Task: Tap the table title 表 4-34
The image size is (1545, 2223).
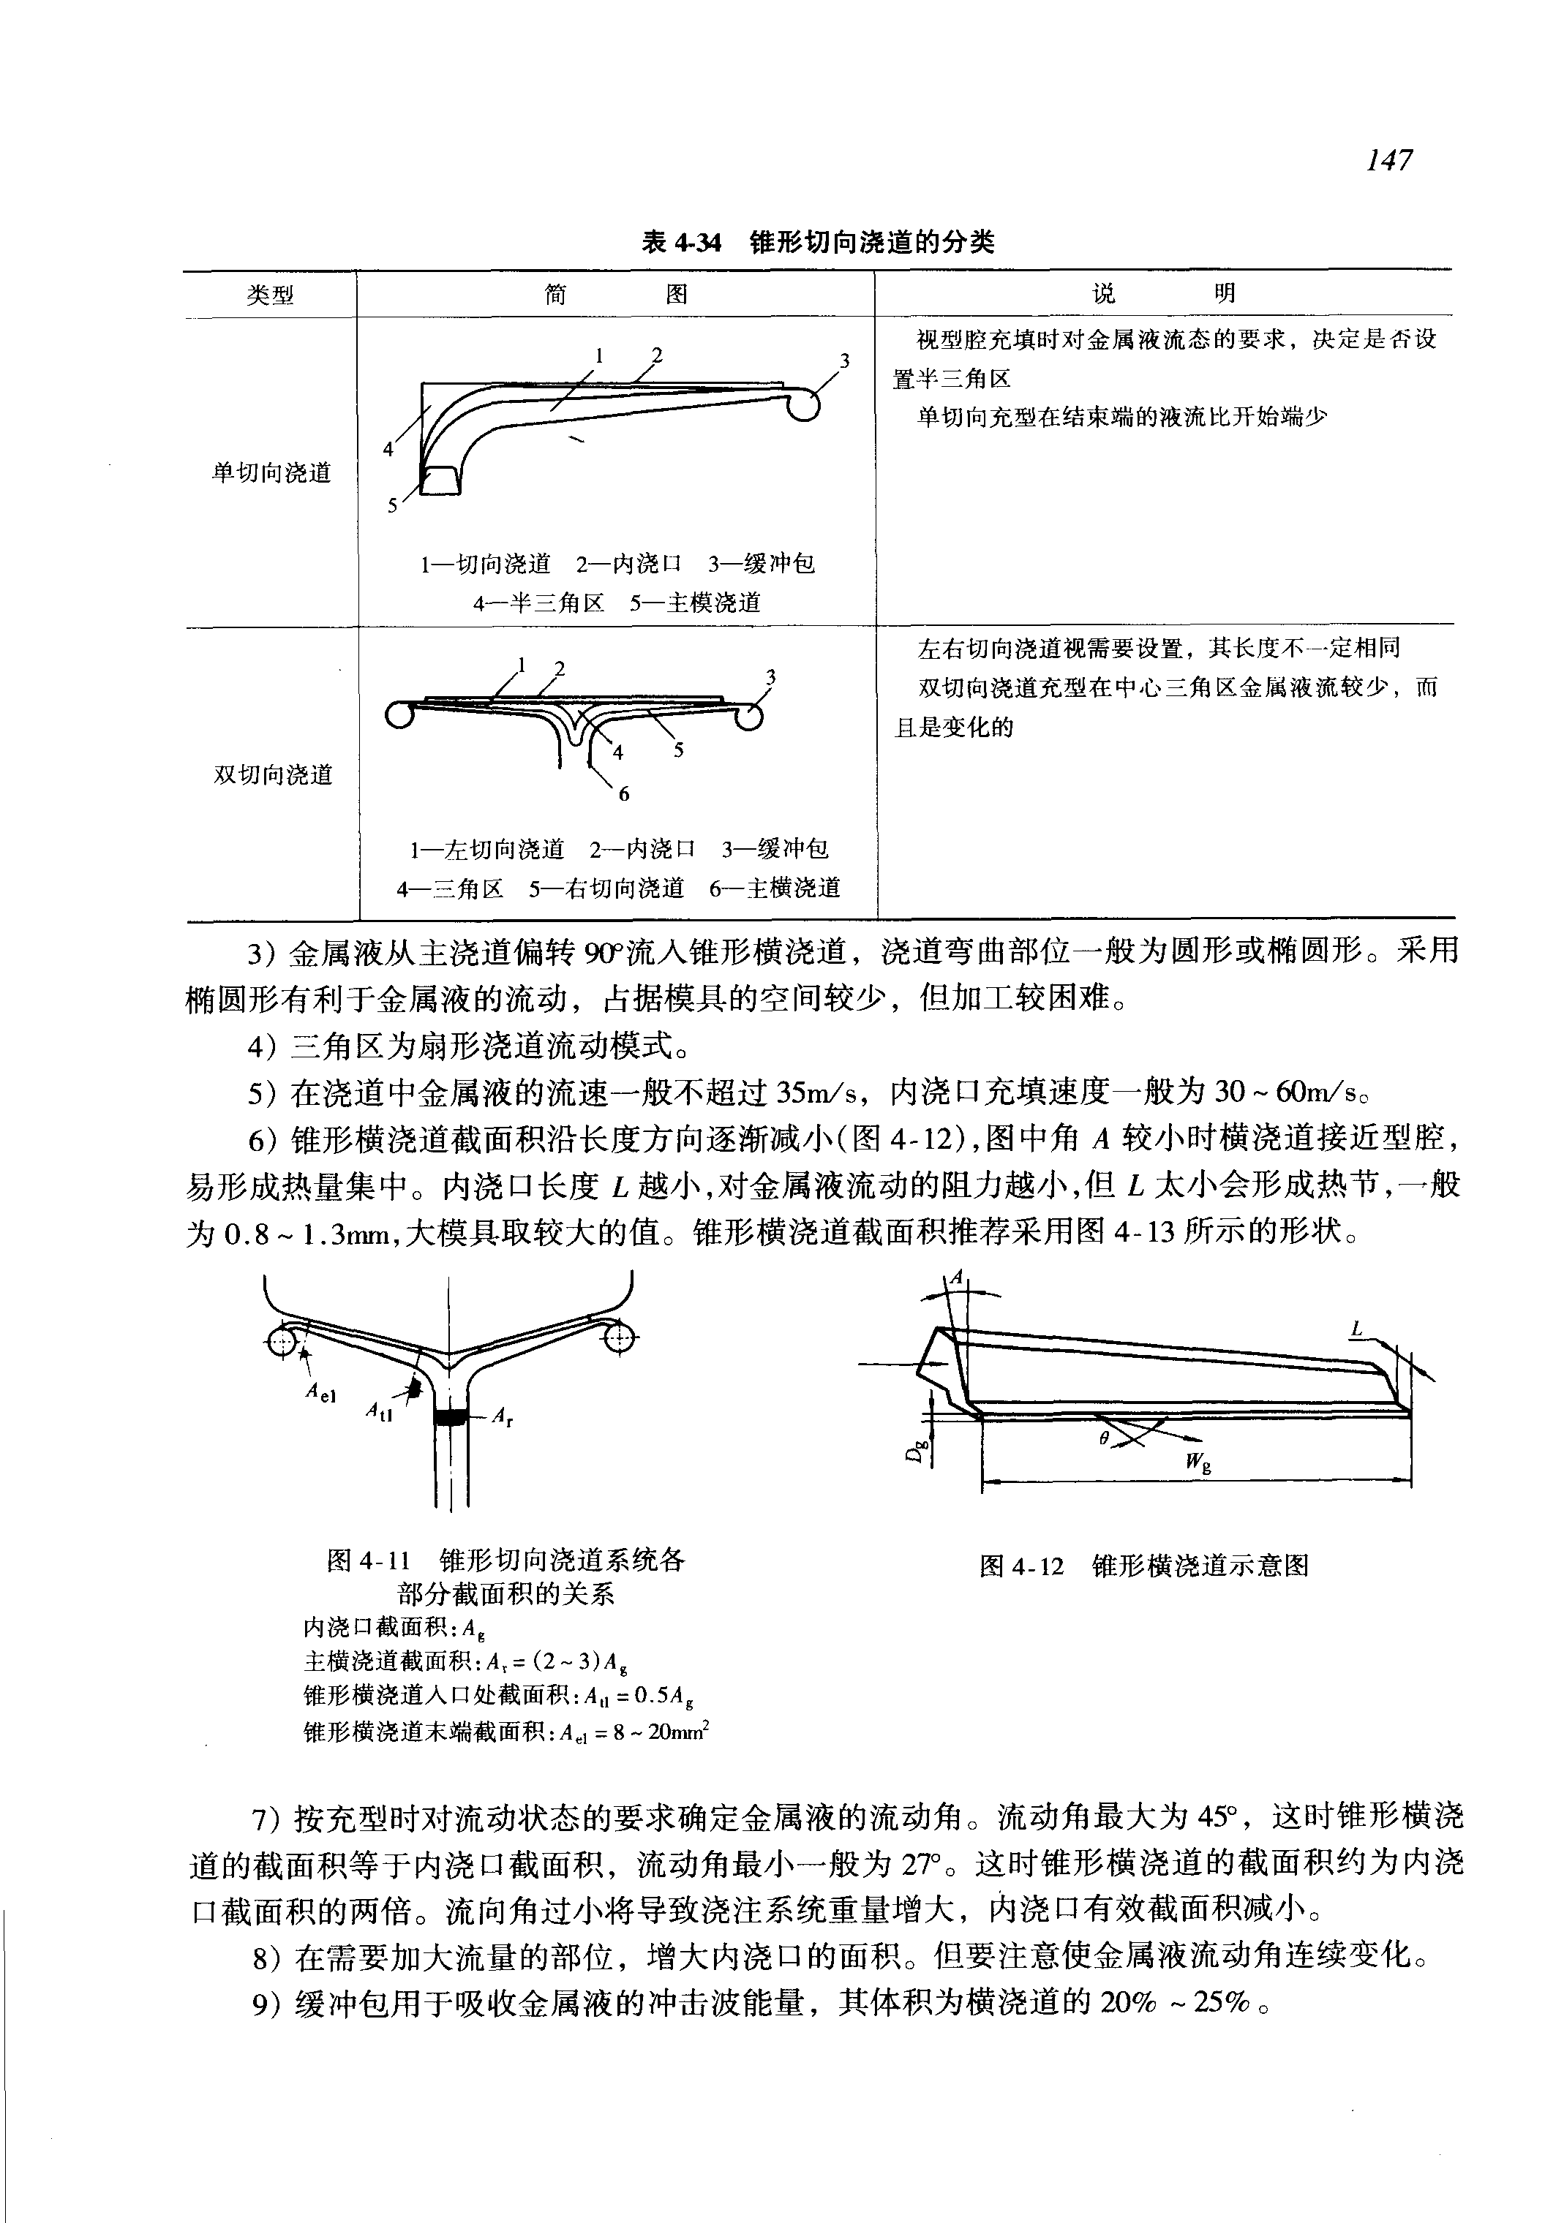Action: point(682,242)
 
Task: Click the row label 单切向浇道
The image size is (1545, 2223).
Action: point(271,473)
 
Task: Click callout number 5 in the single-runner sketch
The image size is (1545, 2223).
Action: point(392,505)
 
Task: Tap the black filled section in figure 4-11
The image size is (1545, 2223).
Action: point(450,1418)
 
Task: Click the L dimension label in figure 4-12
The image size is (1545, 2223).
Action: point(1357,1332)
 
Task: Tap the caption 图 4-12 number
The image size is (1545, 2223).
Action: point(1021,1566)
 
